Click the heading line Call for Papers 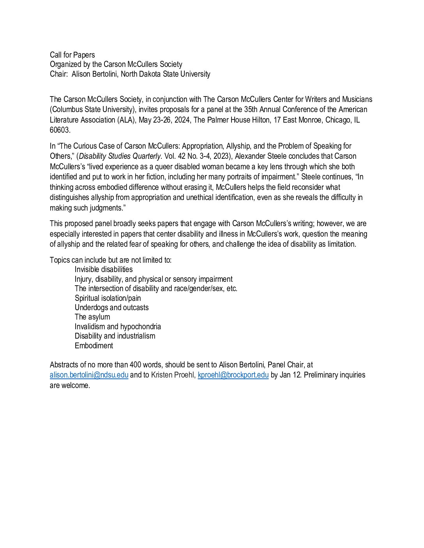[x=72, y=55]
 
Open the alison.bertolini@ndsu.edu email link [x=89, y=375]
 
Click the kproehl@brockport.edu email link [x=233, y=375]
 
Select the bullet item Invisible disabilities [x=104, y=269]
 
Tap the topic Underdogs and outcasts [x=111, y=307]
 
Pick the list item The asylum [x=92, y=317]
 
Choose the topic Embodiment [x=94, y=346]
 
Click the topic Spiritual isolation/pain [x=108, y=298]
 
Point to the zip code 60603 [x=60, y=130]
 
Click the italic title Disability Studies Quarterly [x=120, y=156]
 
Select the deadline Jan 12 [x=290, y=375]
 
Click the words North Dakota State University [x=165, y=74]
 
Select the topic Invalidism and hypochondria [x=118, y=327]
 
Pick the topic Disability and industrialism [x=115, y=336]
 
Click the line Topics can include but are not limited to [x=111, y=260]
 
